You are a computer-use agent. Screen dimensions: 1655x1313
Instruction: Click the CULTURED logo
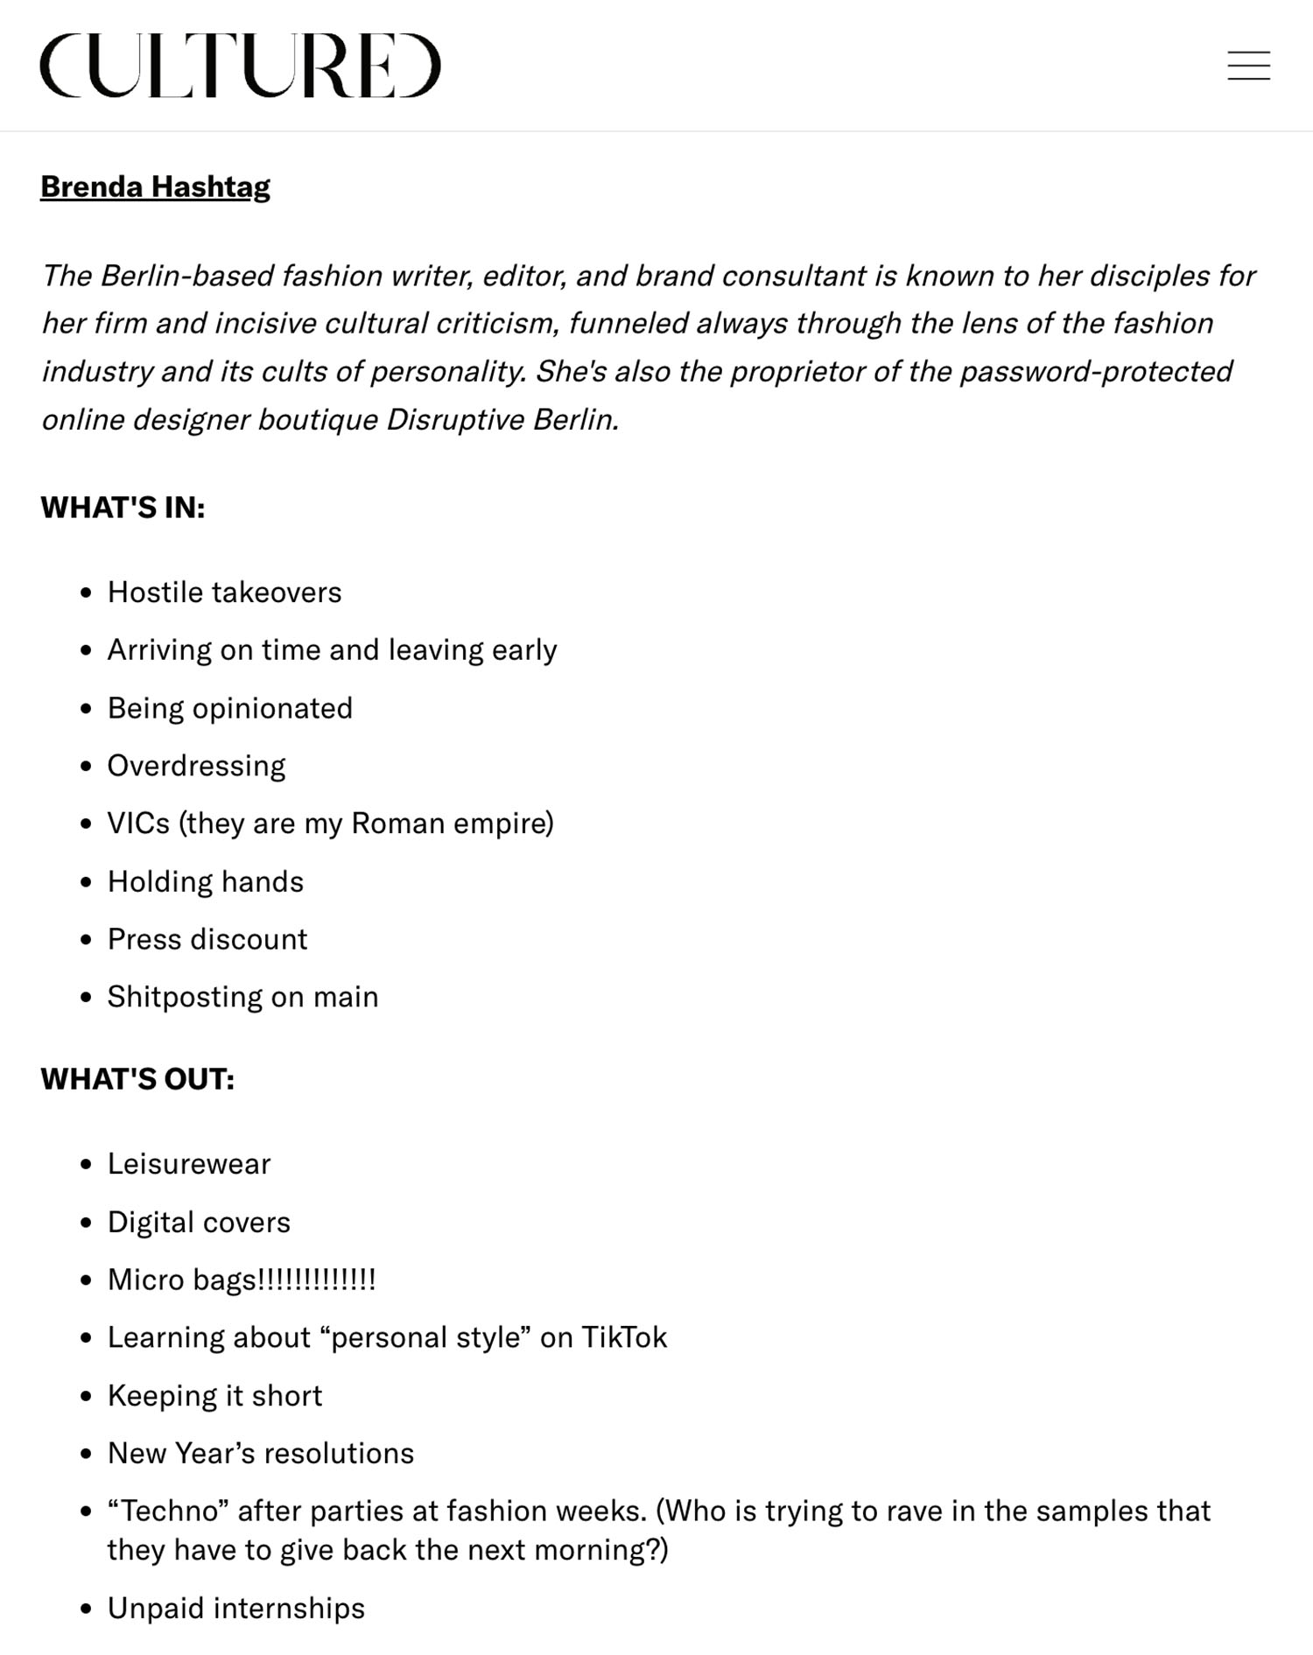click(x=240, y=66)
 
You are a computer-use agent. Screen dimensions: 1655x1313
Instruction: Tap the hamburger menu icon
click(x=1248, y=66)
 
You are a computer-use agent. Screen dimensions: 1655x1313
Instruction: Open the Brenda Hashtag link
click(x=155, y=186)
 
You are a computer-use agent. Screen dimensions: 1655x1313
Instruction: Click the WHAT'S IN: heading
click(x=123, y=508)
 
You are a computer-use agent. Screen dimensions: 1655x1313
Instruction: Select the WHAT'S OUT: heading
click(x=137, y=1079)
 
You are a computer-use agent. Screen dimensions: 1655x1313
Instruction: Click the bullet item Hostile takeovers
click(x=224, y=593)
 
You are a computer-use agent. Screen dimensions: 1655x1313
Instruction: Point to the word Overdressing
click(x=196, y=766)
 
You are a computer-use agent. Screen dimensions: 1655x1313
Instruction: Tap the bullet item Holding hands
click(x=206, y=881)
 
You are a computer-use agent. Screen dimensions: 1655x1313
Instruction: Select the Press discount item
click(x=207, y=939)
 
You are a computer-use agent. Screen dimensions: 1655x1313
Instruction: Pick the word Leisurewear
click(x=189, y=1164)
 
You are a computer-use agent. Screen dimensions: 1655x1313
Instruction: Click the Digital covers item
click(x=199, y=1222)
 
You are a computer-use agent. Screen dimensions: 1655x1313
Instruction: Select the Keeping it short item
click(x=214, y=1395)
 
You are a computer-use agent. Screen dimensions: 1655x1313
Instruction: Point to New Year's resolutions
click(x=260, y=1453)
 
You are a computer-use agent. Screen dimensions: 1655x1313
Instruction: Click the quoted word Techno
click(x=168, y=1511)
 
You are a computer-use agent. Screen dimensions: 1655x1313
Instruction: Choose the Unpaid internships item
click(x=235, y=1608)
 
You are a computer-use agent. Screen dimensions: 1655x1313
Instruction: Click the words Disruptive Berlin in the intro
click(x=502, y=419)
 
